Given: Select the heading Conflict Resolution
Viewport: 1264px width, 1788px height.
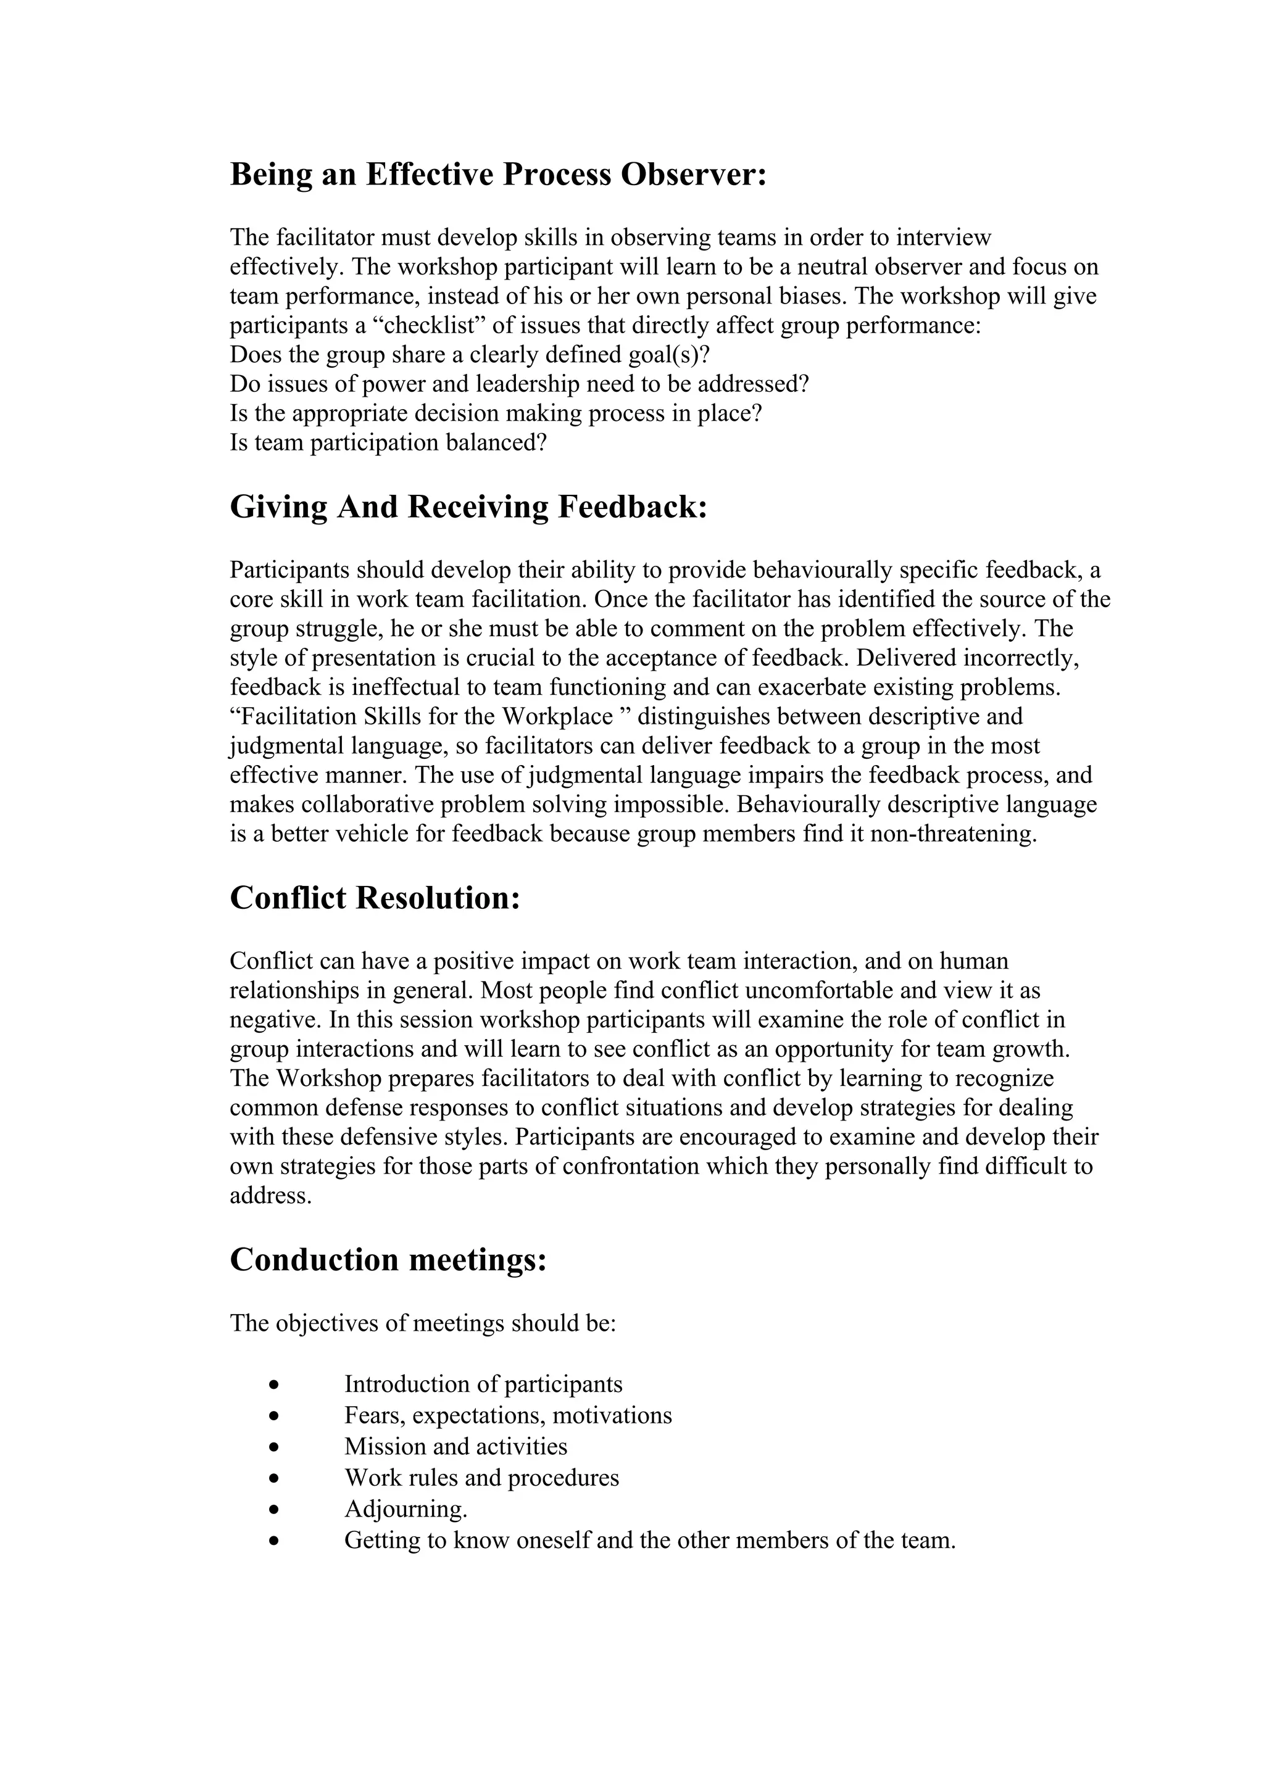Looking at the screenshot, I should click(x=375, y=898).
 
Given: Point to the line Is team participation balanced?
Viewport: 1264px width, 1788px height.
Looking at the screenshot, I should click(x=388, y=443).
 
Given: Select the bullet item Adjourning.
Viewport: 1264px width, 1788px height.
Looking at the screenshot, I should click(x=405, y=1509).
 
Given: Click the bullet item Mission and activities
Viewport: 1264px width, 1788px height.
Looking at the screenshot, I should click(x=455, y=1447).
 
